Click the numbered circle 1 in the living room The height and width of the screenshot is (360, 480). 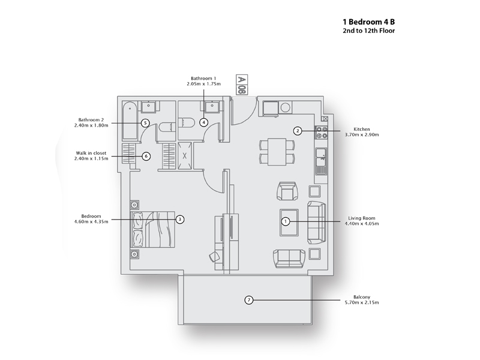(x=286, y=221)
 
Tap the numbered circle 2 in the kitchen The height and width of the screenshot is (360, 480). (x=296, y=130)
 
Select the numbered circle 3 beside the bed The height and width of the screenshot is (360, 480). (x=179, y=220)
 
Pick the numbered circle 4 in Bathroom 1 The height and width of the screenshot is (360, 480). (x=204, y=122)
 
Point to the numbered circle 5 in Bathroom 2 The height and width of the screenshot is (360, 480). (x=145, y=122)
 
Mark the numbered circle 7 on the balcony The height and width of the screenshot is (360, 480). (x=248, y=299)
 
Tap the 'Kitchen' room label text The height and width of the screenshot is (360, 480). (x=362, y=130)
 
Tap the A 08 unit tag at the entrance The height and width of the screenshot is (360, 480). (x=242, y=85)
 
